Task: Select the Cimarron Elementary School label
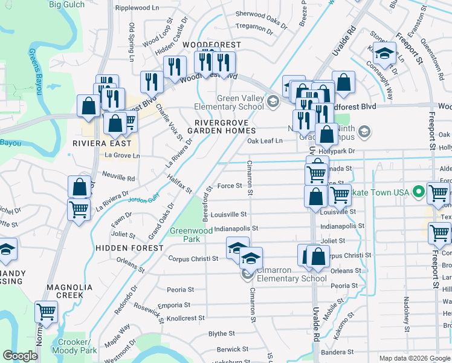291,274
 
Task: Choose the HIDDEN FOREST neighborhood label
129,248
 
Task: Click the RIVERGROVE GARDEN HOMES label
221,125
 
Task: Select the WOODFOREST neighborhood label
211,45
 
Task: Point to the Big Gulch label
66,5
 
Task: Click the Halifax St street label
179,183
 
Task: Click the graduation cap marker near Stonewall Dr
383,54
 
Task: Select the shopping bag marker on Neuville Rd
79,187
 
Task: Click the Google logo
21,356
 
